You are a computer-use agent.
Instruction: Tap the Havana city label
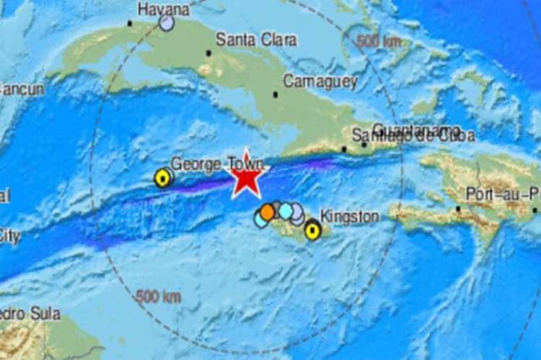(x=163, y=9)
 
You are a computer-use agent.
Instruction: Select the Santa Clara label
(x=247, y=39)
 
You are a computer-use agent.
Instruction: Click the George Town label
(x=216, y=164)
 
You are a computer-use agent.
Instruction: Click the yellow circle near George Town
(x=162, y=178)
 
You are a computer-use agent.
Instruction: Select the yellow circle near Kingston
(x=312, y=229)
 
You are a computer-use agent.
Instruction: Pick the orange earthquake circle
(x=267, y=212)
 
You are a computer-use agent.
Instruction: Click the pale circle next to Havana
(x=166, y=24)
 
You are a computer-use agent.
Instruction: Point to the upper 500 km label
(x=379, y=41)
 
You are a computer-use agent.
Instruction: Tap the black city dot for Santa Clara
(x=208, y=53)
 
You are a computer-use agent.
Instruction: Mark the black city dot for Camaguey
(x=276, y=94)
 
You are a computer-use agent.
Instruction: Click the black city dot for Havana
(x=130, y=23)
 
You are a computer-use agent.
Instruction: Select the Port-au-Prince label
(x=503, y=194)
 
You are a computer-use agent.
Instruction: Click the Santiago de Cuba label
(x=413, y=136)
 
